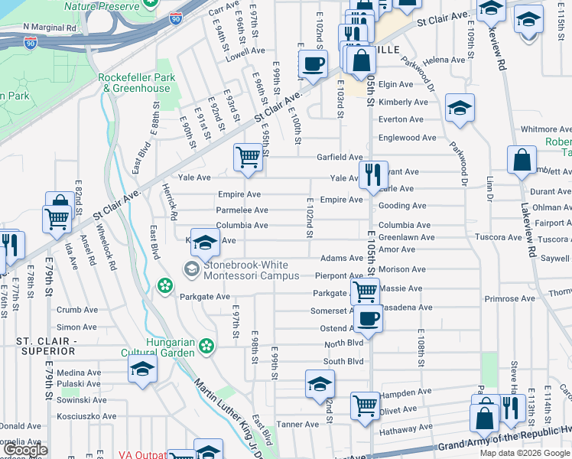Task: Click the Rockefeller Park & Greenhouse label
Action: click(x=137, y=83)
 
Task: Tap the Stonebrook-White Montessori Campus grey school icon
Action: click(x=190, y=269)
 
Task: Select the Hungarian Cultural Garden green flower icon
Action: click(x=205, y=347)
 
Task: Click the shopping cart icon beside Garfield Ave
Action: click(x=248, y=158)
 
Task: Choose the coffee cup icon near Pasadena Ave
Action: click(x=368, y=317)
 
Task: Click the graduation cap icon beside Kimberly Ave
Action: click(x=460, y=108)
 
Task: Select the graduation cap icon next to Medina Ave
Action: click(x=142, y=370)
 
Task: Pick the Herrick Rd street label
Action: click(x=170, y=203)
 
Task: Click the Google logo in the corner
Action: click(x=25, y=450)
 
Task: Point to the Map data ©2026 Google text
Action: click(x=525, y=453)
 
